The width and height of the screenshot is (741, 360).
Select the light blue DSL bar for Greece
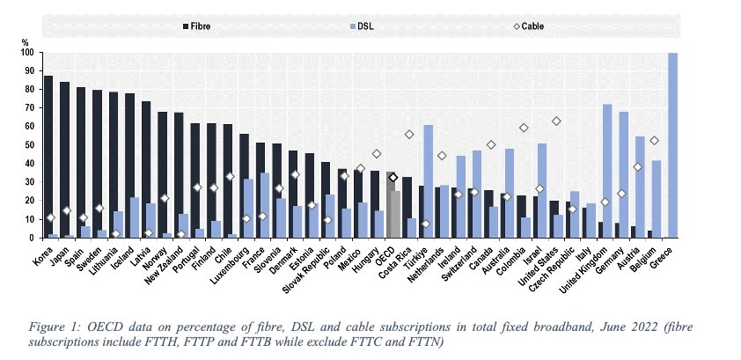coord(674,145)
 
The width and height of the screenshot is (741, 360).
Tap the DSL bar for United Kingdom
coord(607,171)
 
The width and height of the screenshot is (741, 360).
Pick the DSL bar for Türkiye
coord(428,181)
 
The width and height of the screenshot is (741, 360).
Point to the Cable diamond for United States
coord(556,121)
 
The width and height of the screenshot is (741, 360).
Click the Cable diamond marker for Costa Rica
coord(409,135)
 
